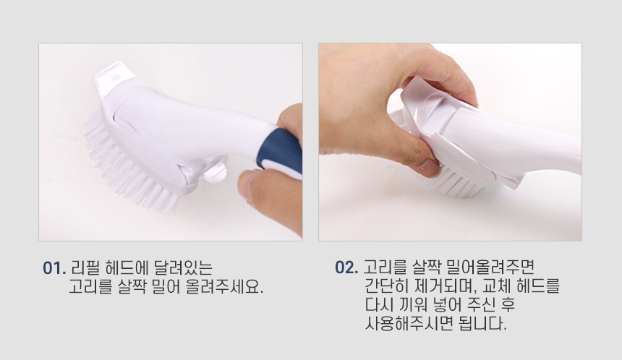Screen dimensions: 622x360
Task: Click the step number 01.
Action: pos(54,268)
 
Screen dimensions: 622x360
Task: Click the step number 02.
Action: pos(346,267)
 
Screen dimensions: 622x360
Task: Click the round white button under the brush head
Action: pos(216,171)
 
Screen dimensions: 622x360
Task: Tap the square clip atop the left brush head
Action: pos(112,78)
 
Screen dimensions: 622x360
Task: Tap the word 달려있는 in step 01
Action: pos(182,268)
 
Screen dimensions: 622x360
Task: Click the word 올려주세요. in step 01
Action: pos(224,287)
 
